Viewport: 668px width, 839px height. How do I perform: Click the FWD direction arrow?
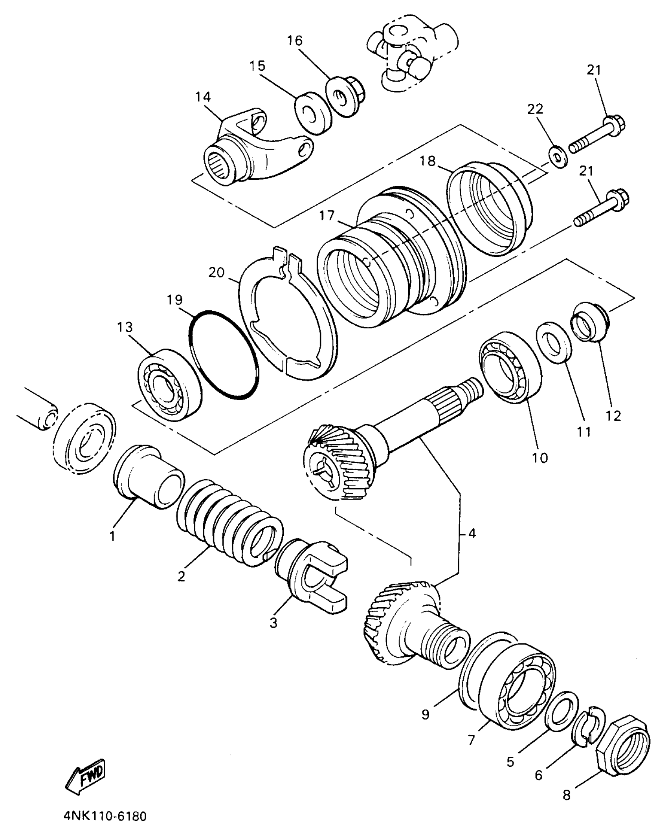(x=86, y=774)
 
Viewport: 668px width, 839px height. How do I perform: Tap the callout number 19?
(x=174, y=300)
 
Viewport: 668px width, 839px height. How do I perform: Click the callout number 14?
(x=203, y=97)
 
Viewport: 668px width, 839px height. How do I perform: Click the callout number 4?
(x=472, y=533)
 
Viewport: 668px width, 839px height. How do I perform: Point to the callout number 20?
(x=217, y=272)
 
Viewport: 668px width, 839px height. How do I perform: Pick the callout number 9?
(x=425, y=714)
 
